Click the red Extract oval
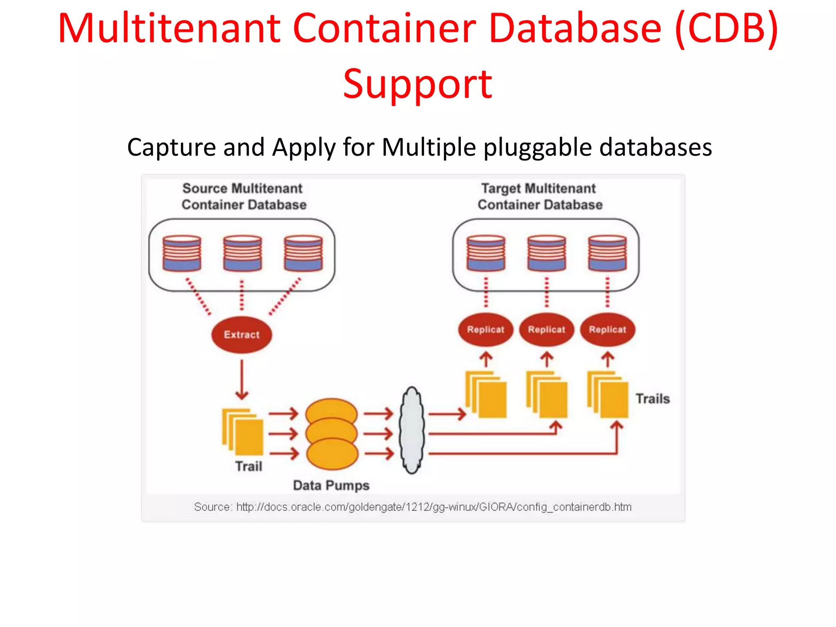point(241,334)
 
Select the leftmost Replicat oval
point(485,329)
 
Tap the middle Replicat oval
point(546,329)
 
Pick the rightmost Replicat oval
point(607,329)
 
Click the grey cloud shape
point(412,431)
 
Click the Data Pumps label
point(331,485)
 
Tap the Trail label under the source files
point(248,466)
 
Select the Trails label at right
point(652,398)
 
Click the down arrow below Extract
point(242,380)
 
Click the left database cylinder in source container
point(182,253)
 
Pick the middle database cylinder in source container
point(242,253)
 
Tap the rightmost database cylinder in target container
point(607,253)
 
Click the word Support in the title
point(418,84)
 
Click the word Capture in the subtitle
point(171,147)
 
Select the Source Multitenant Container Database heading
point(243,196)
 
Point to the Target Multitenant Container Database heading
point(539,196)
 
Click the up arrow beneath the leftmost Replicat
point(486,360)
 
